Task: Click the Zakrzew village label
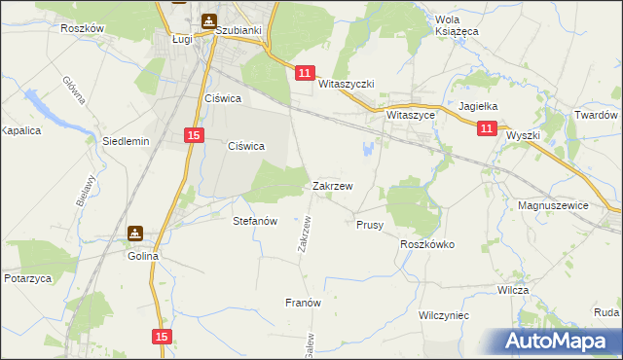point(332,185)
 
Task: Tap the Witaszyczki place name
point(347,85)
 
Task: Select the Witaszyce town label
point(410,114)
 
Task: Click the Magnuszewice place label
point(555,205)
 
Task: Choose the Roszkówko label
point(427,245)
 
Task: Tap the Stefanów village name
point(256,221)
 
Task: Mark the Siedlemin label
point(126,141)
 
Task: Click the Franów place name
point(303,303)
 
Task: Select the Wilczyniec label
point(444,316)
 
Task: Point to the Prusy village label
point(369,224)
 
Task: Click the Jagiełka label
point(478,107)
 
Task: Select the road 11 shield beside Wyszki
point(488,127)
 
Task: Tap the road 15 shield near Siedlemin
point(194,135)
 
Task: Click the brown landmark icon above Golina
point(135,234)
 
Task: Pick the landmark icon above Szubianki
point(209,20)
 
